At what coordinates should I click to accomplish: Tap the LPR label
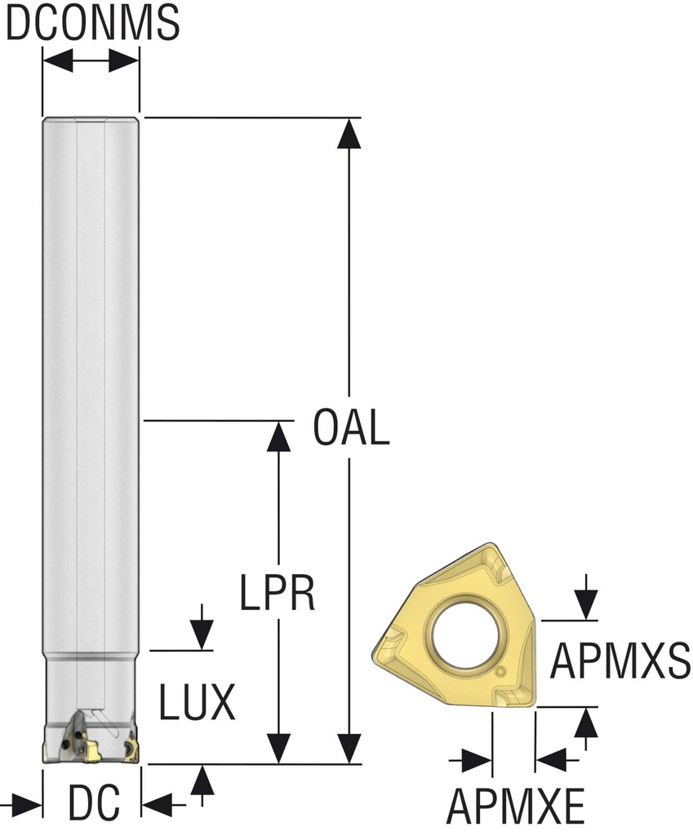click(278, 594)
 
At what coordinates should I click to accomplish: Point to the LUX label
click(197, 701)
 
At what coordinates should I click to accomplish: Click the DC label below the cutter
click(93, 805)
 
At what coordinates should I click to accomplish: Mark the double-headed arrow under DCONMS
click(91, 60)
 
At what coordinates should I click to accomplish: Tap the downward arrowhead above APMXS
click(585, 605)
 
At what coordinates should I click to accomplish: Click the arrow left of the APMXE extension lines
click(474, 761)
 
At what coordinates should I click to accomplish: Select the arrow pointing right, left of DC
click(24, 805)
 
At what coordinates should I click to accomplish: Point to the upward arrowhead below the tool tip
click(202, 781)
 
